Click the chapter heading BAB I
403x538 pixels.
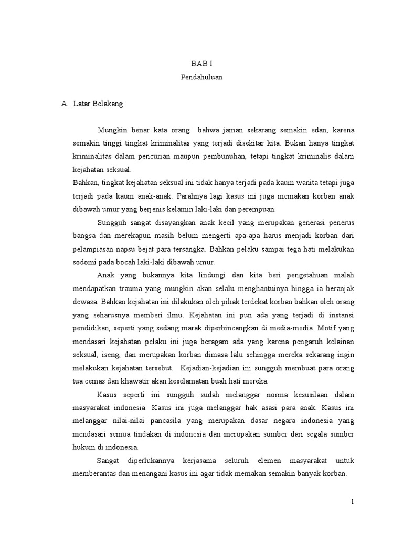[x=201, y=63]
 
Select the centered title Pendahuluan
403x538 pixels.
[x=201, y=77]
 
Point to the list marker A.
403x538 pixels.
[x=65, y=104]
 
